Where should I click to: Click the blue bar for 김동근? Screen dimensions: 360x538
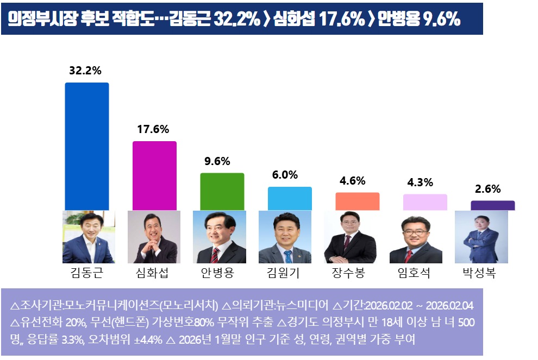tap(87, 147)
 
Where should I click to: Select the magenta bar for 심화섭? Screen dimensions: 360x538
tap(155, 176)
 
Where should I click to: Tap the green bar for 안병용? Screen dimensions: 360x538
tap(222, 192)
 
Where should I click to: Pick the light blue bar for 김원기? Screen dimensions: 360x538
tap(290, 199)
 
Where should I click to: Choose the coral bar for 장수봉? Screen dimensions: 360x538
tap(357, 201)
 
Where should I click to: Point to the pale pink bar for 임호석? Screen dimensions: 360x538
tap(425, 202)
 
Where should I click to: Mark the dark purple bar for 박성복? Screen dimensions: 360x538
tap(492, 205)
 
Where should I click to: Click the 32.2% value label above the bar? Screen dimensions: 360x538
tap(85, 71)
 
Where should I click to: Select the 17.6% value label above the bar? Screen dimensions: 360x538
tap(153, 129)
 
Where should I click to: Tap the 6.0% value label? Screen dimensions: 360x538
tap(285, 175)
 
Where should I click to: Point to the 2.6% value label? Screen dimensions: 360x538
tap(487, 189)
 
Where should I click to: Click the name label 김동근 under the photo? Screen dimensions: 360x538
tap(87, 273)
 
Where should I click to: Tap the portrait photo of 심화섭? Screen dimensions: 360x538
tap(154, 237)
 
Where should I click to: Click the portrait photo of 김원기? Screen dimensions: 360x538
tap(285, 237)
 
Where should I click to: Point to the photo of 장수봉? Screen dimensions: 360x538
tap(350, 237)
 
